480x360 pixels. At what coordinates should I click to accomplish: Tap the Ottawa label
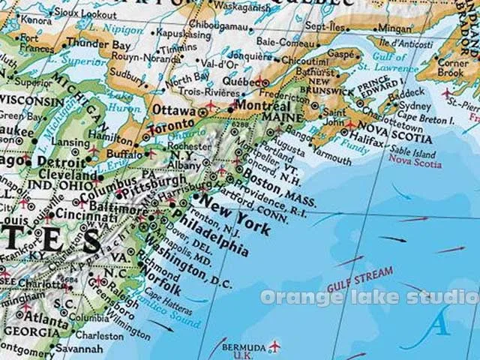tap(174, 109)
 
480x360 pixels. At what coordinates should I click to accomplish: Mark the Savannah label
tap(79, 349)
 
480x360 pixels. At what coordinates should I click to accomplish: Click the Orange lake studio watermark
tap(370, 298)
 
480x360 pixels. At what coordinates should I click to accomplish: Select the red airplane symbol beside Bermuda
tap(274, 346)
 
